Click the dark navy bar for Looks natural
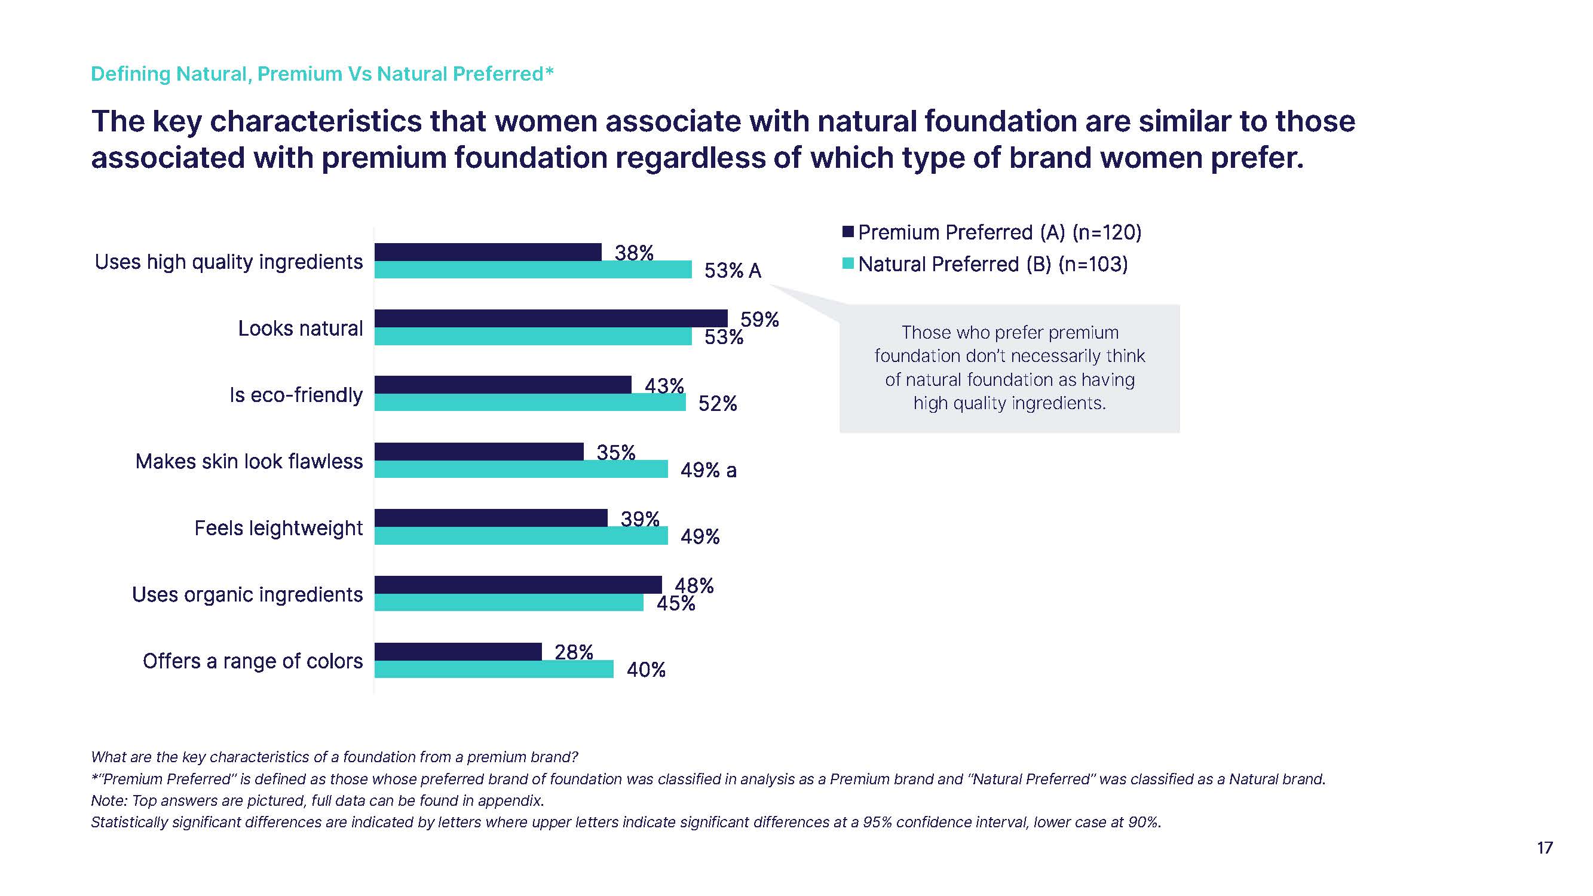coord(550,318)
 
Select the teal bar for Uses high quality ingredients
coord(532,269)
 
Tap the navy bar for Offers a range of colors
coord(458,651)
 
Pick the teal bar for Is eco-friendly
coord(529,403)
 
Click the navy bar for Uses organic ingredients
coord(517,584)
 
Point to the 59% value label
coord(759,320)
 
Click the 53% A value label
coord(732,271)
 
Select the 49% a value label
coord(708,471)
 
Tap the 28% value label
coord(573,652)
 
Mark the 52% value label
coord(718,404)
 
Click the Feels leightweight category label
coord(278,528)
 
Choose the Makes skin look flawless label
coord(249,461)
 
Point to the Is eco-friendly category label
coord(296,394)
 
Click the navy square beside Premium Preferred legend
coord(848,232)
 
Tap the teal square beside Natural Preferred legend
coord(848,264)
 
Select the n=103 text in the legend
coord(1093,265)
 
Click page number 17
coord(1544,848)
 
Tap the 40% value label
coord(645,670)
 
